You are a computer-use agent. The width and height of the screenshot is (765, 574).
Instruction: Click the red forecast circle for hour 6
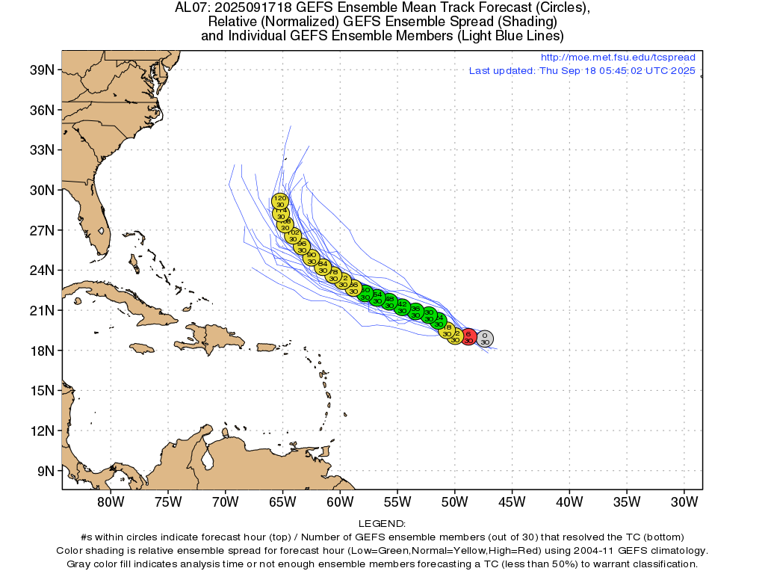pos(468,337)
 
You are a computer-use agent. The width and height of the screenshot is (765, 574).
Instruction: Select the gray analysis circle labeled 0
pos(485,339)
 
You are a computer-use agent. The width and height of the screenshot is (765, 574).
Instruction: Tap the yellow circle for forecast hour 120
pos(279,200)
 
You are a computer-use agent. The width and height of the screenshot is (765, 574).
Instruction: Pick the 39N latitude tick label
pos(41,70)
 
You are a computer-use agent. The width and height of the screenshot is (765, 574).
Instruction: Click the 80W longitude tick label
pos(111,501)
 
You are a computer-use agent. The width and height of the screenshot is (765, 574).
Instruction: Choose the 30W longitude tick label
pos(684,501)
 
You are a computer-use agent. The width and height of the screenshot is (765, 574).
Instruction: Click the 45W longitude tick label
pos(512,501)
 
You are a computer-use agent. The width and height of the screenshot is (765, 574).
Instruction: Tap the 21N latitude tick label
pos(41,310)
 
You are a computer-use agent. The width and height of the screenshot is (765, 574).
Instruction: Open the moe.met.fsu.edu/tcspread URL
pos(618,58)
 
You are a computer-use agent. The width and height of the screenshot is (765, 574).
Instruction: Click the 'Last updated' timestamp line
pos(582,71)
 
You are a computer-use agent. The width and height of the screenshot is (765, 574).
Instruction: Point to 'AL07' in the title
pos(189,8)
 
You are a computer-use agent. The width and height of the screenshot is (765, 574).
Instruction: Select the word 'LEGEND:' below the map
pos(382,524)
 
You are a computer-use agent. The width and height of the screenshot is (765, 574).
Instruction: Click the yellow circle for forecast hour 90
pos(312,258)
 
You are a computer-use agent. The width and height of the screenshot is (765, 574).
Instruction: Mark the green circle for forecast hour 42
pos(402,307)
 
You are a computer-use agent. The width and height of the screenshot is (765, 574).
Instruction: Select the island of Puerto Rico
pos(267,347)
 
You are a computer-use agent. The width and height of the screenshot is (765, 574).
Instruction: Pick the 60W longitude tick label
pos(340,501)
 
